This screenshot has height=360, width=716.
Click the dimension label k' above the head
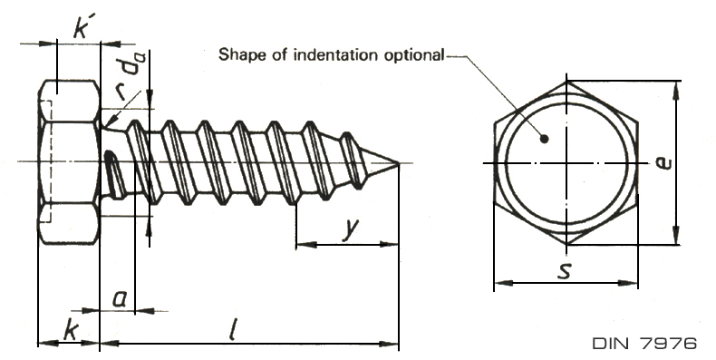(82, 29)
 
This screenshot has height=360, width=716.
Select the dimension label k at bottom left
(71, 331)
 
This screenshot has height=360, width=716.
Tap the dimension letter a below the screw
(119, 299)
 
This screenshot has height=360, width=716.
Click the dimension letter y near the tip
(351, 229)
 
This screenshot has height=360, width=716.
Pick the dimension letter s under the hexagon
(565, 271)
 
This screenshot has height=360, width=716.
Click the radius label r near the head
(121, 92)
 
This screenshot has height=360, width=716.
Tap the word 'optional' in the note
(413, 55)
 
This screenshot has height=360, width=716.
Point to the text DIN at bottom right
(613, 343)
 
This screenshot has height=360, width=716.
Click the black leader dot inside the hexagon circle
(544, 139)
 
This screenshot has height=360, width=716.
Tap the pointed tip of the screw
(399, 163)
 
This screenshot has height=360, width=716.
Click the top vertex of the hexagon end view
(566, 82)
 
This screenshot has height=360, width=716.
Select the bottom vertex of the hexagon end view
(566, 245)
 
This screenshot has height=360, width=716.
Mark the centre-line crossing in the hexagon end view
(566, 163)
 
